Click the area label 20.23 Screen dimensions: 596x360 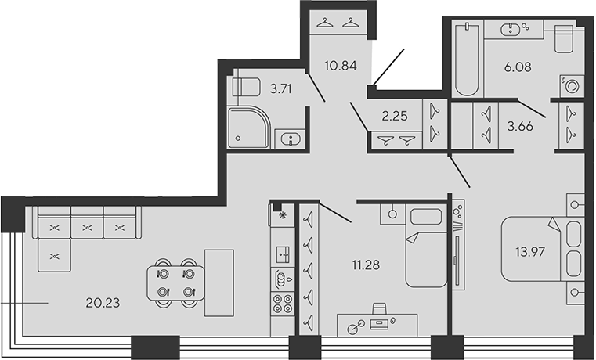(103, 303)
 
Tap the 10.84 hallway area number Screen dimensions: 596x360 (341, 66)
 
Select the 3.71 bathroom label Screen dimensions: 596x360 (281, 89)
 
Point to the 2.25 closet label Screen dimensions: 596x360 (395, 116)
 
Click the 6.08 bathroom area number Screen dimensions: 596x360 (518, 67)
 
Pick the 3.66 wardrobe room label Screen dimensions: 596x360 (520, 126)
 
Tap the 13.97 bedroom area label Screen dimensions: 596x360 (531, 251)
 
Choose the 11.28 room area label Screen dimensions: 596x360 (366, 265)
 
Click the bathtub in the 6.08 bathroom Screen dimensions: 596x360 (467, 59)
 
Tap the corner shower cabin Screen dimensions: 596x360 (248, 128)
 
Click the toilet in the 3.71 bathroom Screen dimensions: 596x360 (246, 87)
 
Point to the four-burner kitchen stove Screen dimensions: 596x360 (283, 304)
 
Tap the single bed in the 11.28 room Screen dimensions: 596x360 (426, 245)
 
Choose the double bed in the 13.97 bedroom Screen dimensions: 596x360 (543, 249)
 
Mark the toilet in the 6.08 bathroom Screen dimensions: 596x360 (564, 38)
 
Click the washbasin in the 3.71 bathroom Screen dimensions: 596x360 (291, 139)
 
